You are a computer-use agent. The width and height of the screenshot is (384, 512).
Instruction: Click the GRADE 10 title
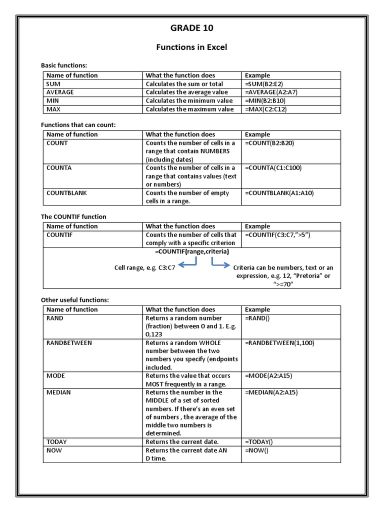[x=191, y=28]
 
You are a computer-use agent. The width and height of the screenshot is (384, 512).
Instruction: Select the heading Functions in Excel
[x=191, y=47]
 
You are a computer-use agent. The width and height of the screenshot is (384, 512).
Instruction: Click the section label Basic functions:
[x=63, y=65]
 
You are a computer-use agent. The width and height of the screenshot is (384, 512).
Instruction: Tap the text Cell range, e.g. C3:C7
[x=144, y=268]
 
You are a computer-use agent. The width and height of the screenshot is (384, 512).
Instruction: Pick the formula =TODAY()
[x=259, y=442]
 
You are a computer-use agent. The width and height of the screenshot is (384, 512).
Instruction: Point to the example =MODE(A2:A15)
[x=270, y=376]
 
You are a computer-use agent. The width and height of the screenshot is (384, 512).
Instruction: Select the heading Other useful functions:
[x=74, y=299]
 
